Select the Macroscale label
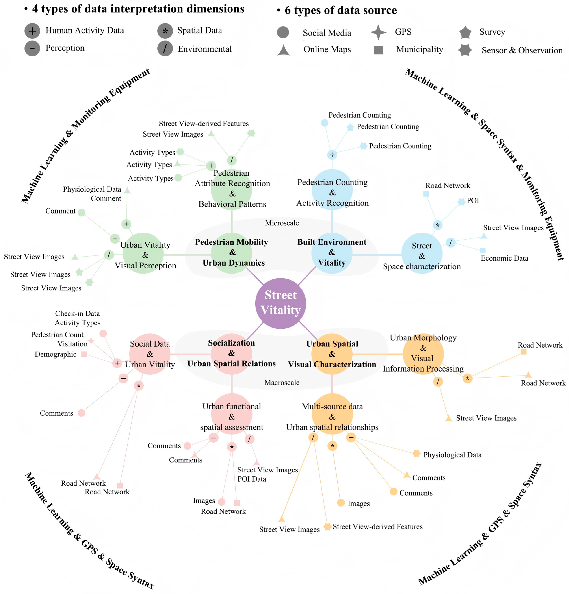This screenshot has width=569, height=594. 282,383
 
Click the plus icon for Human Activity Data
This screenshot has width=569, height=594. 32,31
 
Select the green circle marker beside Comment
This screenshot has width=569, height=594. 81,213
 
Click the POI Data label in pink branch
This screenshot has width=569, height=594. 252,479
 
